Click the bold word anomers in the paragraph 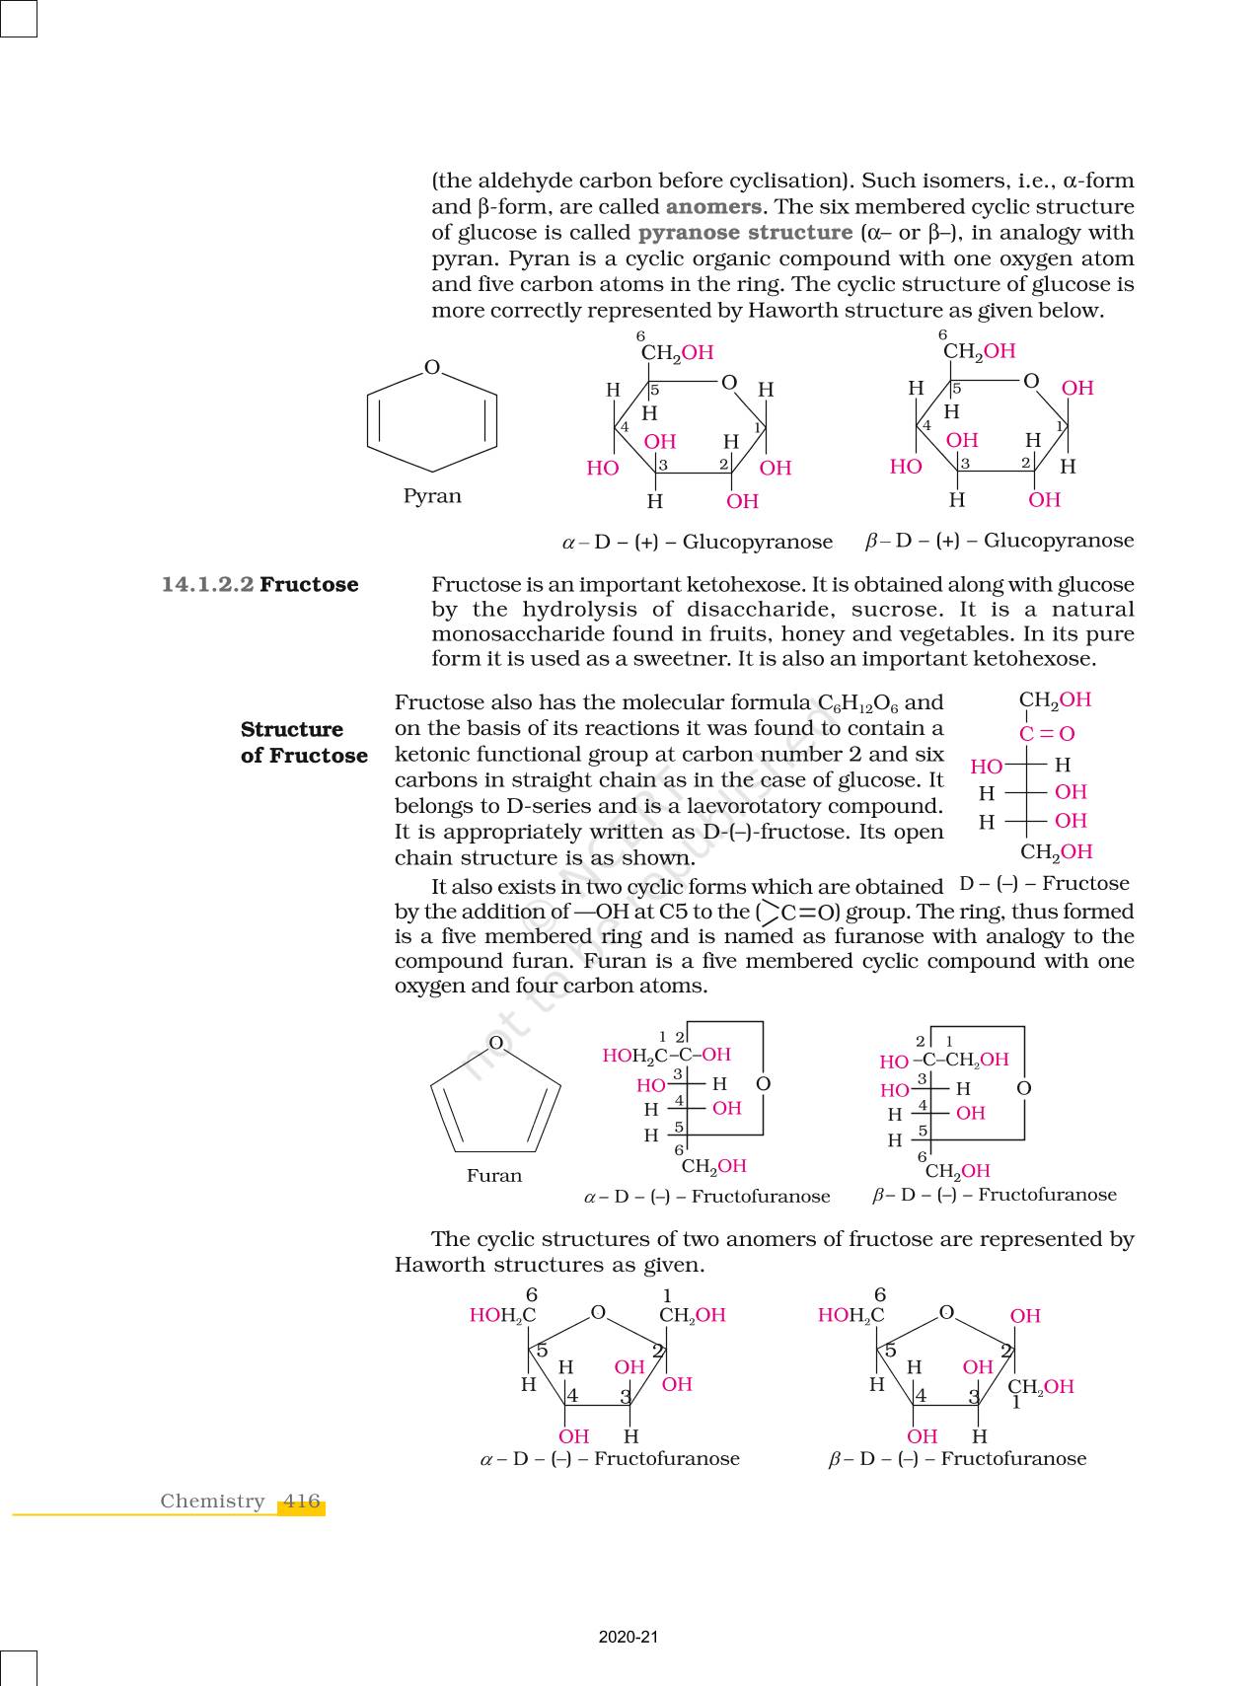pyautogui.click(x=713, y=207)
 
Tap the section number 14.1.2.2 pyautogui.click(x=207, y=584)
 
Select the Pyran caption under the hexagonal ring pyautogui.click(x=432, y=496)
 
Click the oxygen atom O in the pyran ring pyautogui.click(x=432, y=368)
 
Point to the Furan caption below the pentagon pyautogui.click(x=494, y=1176)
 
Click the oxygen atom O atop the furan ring pyautogui.click(x=496, y=1043)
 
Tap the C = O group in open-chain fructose pyautogui.click(x=1047, y=734)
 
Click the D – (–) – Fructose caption pyautogui.click(x=1044, y=884)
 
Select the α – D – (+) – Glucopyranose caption pyautogui.click(x=698, y=542)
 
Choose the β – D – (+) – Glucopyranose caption pyautogui.click(x=999, y=541)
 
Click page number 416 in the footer pyautogui.click(x=301, y=1502)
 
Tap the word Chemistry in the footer pyautogui.click(x=212, y=1502)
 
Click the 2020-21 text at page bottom pyautogui.click(x=628, y=1638)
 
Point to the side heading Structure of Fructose pyautogui.click(x=304, y=743)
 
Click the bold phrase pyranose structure pyautogui.click(x=745, y=233)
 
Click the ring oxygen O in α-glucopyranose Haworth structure pyautogui.click(x=729, y=383)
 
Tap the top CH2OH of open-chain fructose pyautogui.click(x=1055, y=700)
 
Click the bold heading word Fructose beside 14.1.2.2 pyautogui.click(x=309, y=584)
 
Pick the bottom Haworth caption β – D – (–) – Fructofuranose pyautogui.click(x=957, y=1459)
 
